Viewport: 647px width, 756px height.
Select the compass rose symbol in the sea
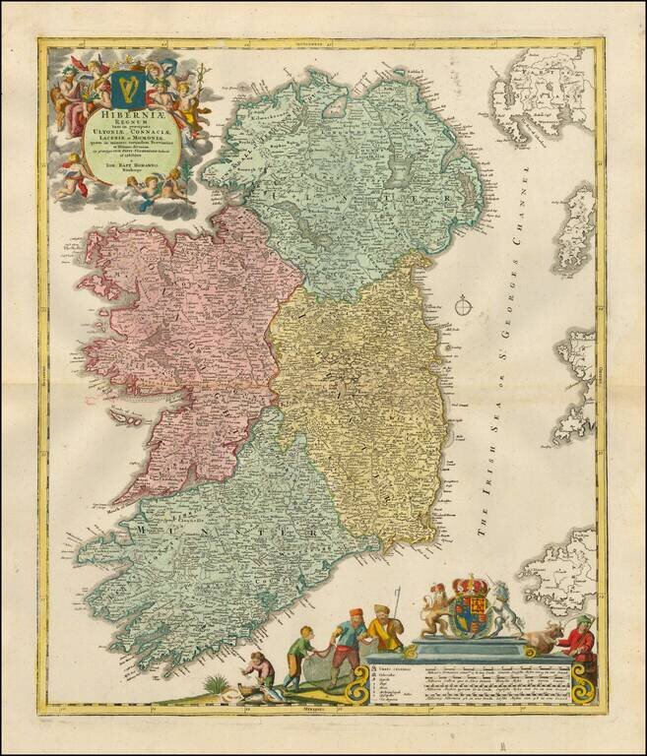point(464,307)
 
